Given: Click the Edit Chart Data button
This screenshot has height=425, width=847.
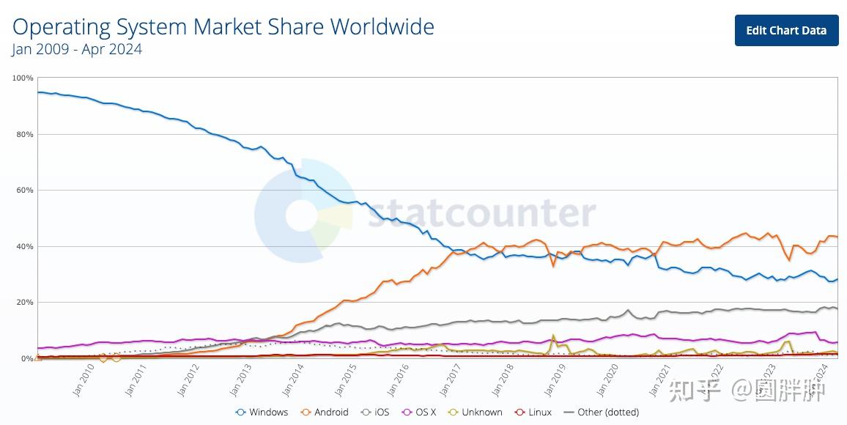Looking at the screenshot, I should coord(786,30).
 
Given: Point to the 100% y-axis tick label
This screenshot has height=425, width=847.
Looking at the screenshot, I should coord(23,78).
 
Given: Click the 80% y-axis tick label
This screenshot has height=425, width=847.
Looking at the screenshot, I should coord(25,134).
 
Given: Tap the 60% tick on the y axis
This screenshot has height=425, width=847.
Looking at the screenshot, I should coord(25,191).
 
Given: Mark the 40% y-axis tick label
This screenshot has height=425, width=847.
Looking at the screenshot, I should coord(25,247).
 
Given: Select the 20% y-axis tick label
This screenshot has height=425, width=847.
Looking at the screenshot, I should coord(25,303).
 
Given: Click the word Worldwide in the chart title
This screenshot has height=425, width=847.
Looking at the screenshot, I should coord(382,27).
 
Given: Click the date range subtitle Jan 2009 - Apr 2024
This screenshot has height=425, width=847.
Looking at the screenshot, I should coord(77,50).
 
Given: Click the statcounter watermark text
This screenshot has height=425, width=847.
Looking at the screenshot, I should coord(481,213).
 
